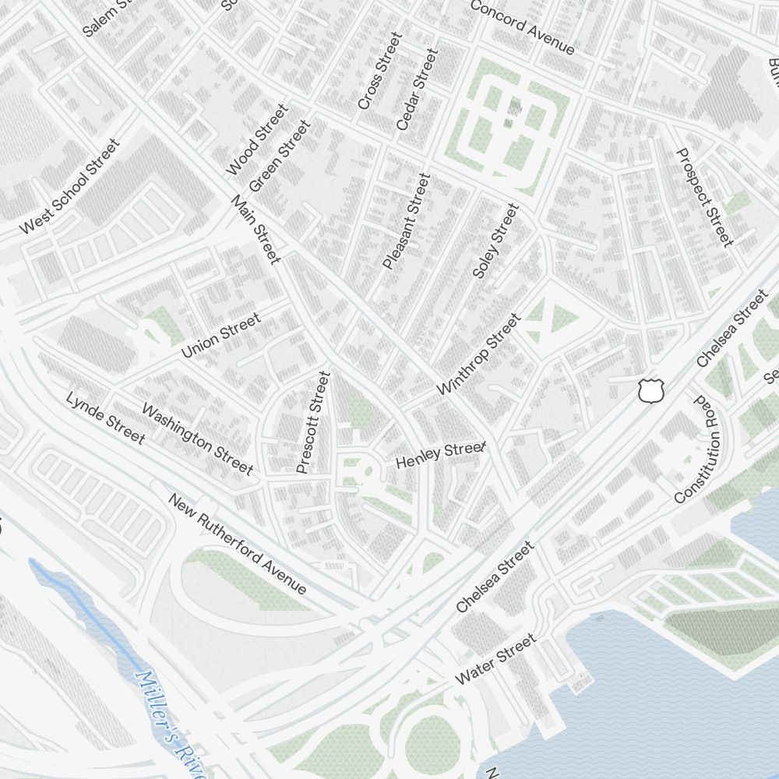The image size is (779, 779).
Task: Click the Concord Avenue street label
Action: (x=522, y=28)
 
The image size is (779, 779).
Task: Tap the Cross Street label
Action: (x=380, y=70)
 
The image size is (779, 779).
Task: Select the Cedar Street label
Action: (x=418, y=89)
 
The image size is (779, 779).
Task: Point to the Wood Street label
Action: (x=256, y=139)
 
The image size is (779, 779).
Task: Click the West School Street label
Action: (x=70, y=186)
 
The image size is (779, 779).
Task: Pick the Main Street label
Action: (x=256, y=229)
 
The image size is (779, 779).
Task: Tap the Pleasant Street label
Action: (x=407, y=221)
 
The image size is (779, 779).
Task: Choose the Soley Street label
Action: (x=495, y=241)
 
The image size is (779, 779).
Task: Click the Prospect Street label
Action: (x=705, y=196)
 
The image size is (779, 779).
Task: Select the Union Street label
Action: (x=220, y=336)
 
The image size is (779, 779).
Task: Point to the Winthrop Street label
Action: (x=478, y=354)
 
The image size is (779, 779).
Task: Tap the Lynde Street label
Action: (x=106, y=418)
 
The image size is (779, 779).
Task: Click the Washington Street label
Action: (x=197, y=438)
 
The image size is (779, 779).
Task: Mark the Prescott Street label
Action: (x=314, y=422)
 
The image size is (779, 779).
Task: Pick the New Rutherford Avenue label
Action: (x=238, y=544)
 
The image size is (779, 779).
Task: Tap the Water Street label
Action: (x=495, y=659)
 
